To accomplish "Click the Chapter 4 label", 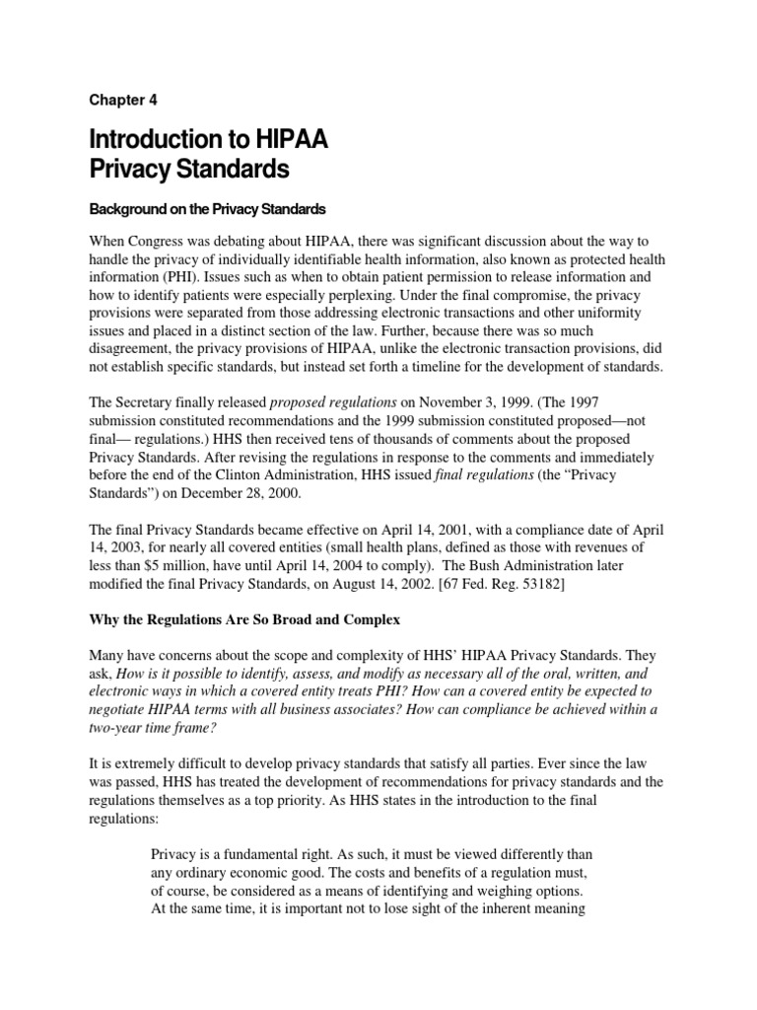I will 123,100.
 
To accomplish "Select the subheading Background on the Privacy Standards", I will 209,210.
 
